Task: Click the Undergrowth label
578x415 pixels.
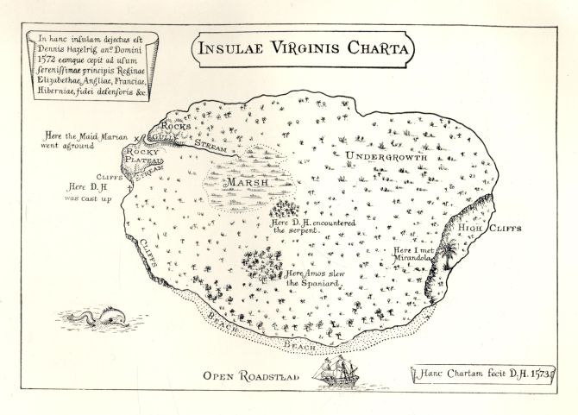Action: click(391, 156)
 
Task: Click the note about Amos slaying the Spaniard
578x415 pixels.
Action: click(316, 278)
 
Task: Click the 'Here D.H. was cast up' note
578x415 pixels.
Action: click(89, 192)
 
